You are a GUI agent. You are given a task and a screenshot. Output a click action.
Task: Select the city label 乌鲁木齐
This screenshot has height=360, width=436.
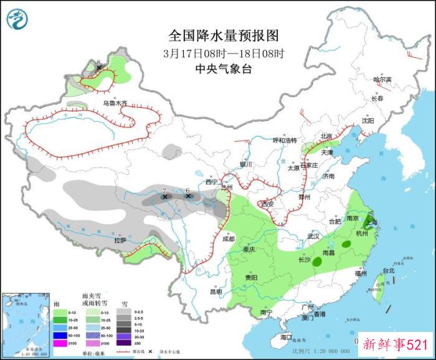click(x=115, y=103)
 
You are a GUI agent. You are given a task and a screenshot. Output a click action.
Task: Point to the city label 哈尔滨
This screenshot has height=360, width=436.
click(x=382, y=80)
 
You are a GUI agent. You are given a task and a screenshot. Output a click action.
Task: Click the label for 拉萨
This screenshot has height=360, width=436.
click(x=120, y=240)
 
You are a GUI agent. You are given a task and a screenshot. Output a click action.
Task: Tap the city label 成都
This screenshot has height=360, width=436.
click(x=227, y=239)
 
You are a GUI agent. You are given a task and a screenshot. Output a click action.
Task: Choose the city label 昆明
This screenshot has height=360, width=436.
click(x=216, y=291)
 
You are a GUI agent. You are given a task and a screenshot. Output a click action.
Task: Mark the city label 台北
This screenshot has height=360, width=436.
click(x=389, y=270)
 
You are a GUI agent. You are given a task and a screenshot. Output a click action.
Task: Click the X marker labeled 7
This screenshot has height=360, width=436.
click(x=165, y=197)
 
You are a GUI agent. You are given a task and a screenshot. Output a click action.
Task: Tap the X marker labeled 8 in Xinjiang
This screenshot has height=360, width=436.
click(x=99, y=68)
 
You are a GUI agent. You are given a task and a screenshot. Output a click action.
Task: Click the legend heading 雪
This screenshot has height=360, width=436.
click(x=125, y=303)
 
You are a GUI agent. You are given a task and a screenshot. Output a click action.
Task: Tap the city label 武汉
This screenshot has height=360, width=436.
click(x=313, y=236)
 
